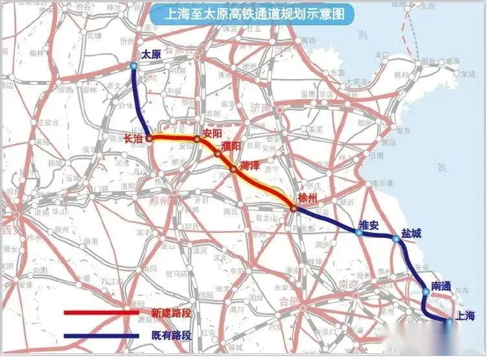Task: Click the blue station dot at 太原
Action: [x=134, y=66]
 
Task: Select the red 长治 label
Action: [x=133, y=138]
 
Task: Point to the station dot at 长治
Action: [x=149, y=138]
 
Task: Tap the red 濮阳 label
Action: [x=231, y=147]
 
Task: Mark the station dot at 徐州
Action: [x=294, y=208]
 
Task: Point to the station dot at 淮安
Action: [x=358, y=232]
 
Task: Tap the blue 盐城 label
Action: [x=411, y=232]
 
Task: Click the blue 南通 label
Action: [x=441, y=285]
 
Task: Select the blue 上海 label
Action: [x=465, y=316]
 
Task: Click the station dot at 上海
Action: [x=449, y=320]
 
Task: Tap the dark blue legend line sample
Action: [x=101, y=336]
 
